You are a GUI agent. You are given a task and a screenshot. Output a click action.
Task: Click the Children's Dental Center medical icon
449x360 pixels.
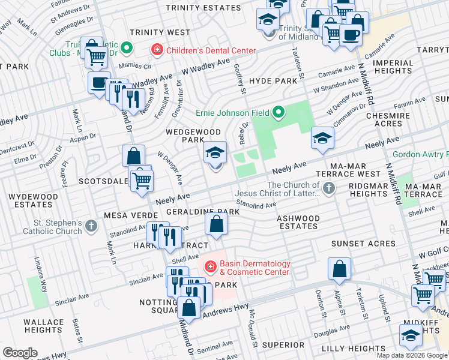[156, 50]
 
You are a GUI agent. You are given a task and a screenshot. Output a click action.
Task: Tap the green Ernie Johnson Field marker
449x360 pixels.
[278, 112]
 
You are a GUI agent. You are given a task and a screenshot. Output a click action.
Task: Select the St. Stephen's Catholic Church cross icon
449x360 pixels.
[91, 226]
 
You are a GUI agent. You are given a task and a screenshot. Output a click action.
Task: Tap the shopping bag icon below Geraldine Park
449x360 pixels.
[216, 226]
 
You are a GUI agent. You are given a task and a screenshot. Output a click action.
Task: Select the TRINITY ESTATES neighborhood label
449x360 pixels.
[203, 7]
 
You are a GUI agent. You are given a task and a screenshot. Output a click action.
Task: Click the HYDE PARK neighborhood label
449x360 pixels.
[273, 80]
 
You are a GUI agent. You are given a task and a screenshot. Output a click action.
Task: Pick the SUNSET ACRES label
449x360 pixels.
[363, 244]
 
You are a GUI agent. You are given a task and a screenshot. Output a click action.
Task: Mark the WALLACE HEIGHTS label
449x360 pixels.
[43, 326]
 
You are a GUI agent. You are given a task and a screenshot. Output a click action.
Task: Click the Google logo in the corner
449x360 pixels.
[20, 353]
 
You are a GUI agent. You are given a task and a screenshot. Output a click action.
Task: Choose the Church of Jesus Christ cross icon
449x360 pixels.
[328, 190]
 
